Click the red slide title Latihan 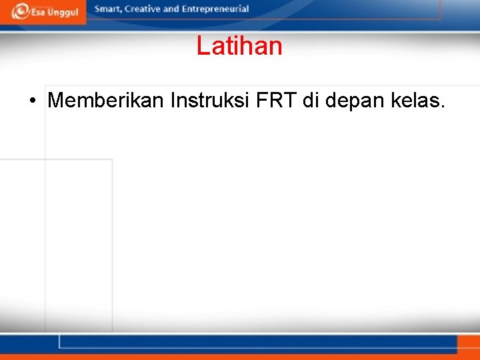[x=239, y=46]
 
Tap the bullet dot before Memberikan [x=32, y=101]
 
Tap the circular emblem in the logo [x=20, y=11]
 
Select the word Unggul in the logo [x=63, y=12]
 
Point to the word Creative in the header [x=141, y=9]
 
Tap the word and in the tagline [x=171, y=9]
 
